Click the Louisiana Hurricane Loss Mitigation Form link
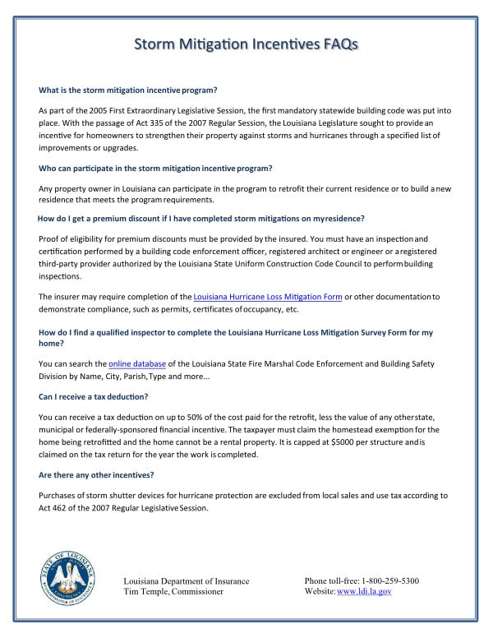click(267, 296)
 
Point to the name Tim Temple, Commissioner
click(173, 591)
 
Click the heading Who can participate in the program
click(155, 168)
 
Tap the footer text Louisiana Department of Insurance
click(186, 580)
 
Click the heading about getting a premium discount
click(201, 218)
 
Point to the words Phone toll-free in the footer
click(331, 580)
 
